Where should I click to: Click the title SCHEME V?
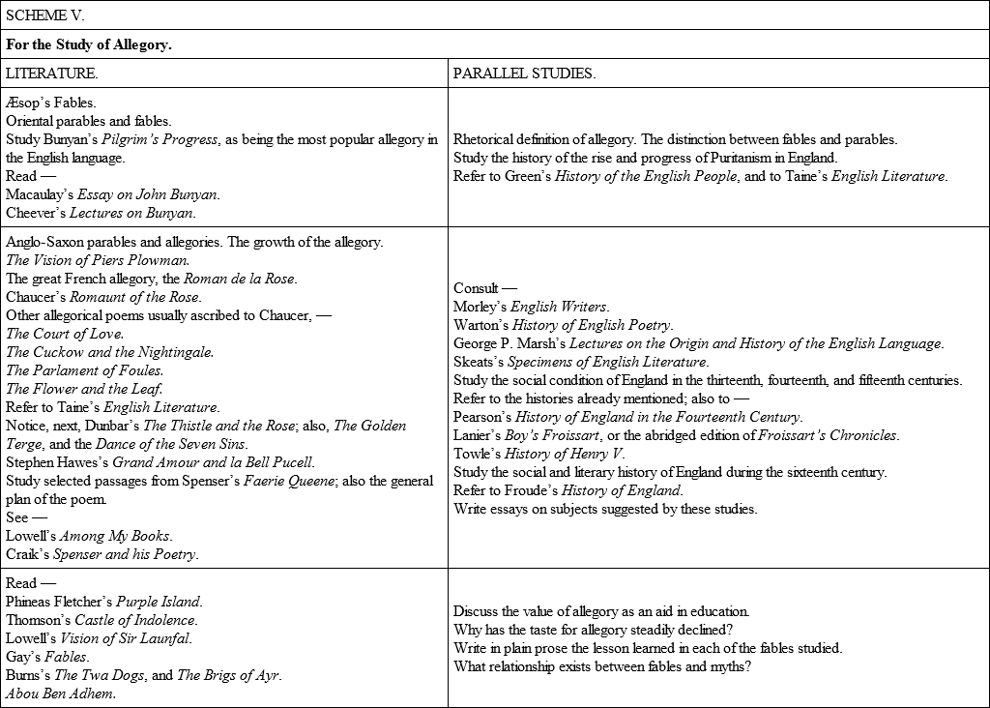pos(45,15)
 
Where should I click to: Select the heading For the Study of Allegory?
pos(89,44)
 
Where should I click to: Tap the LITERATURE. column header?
pos(51,74)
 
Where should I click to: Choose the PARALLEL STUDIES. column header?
pos(524,74)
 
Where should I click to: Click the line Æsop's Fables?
pos(51,103)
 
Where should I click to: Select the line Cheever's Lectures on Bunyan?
pos(101,213)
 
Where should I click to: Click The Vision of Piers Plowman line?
pos(98,260)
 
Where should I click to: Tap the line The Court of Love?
pos(65,334)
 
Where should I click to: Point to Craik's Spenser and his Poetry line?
pos(102,554)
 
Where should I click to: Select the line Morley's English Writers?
pos(531,307)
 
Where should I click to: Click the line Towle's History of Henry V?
pos(539,454)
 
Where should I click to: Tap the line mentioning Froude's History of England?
pos(568,490)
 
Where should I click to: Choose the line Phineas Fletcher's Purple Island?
pos(104,602)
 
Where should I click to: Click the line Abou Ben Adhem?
pos(61,693)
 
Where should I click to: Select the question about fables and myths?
pos(602,666)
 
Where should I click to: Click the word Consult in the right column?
pos(476,288)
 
